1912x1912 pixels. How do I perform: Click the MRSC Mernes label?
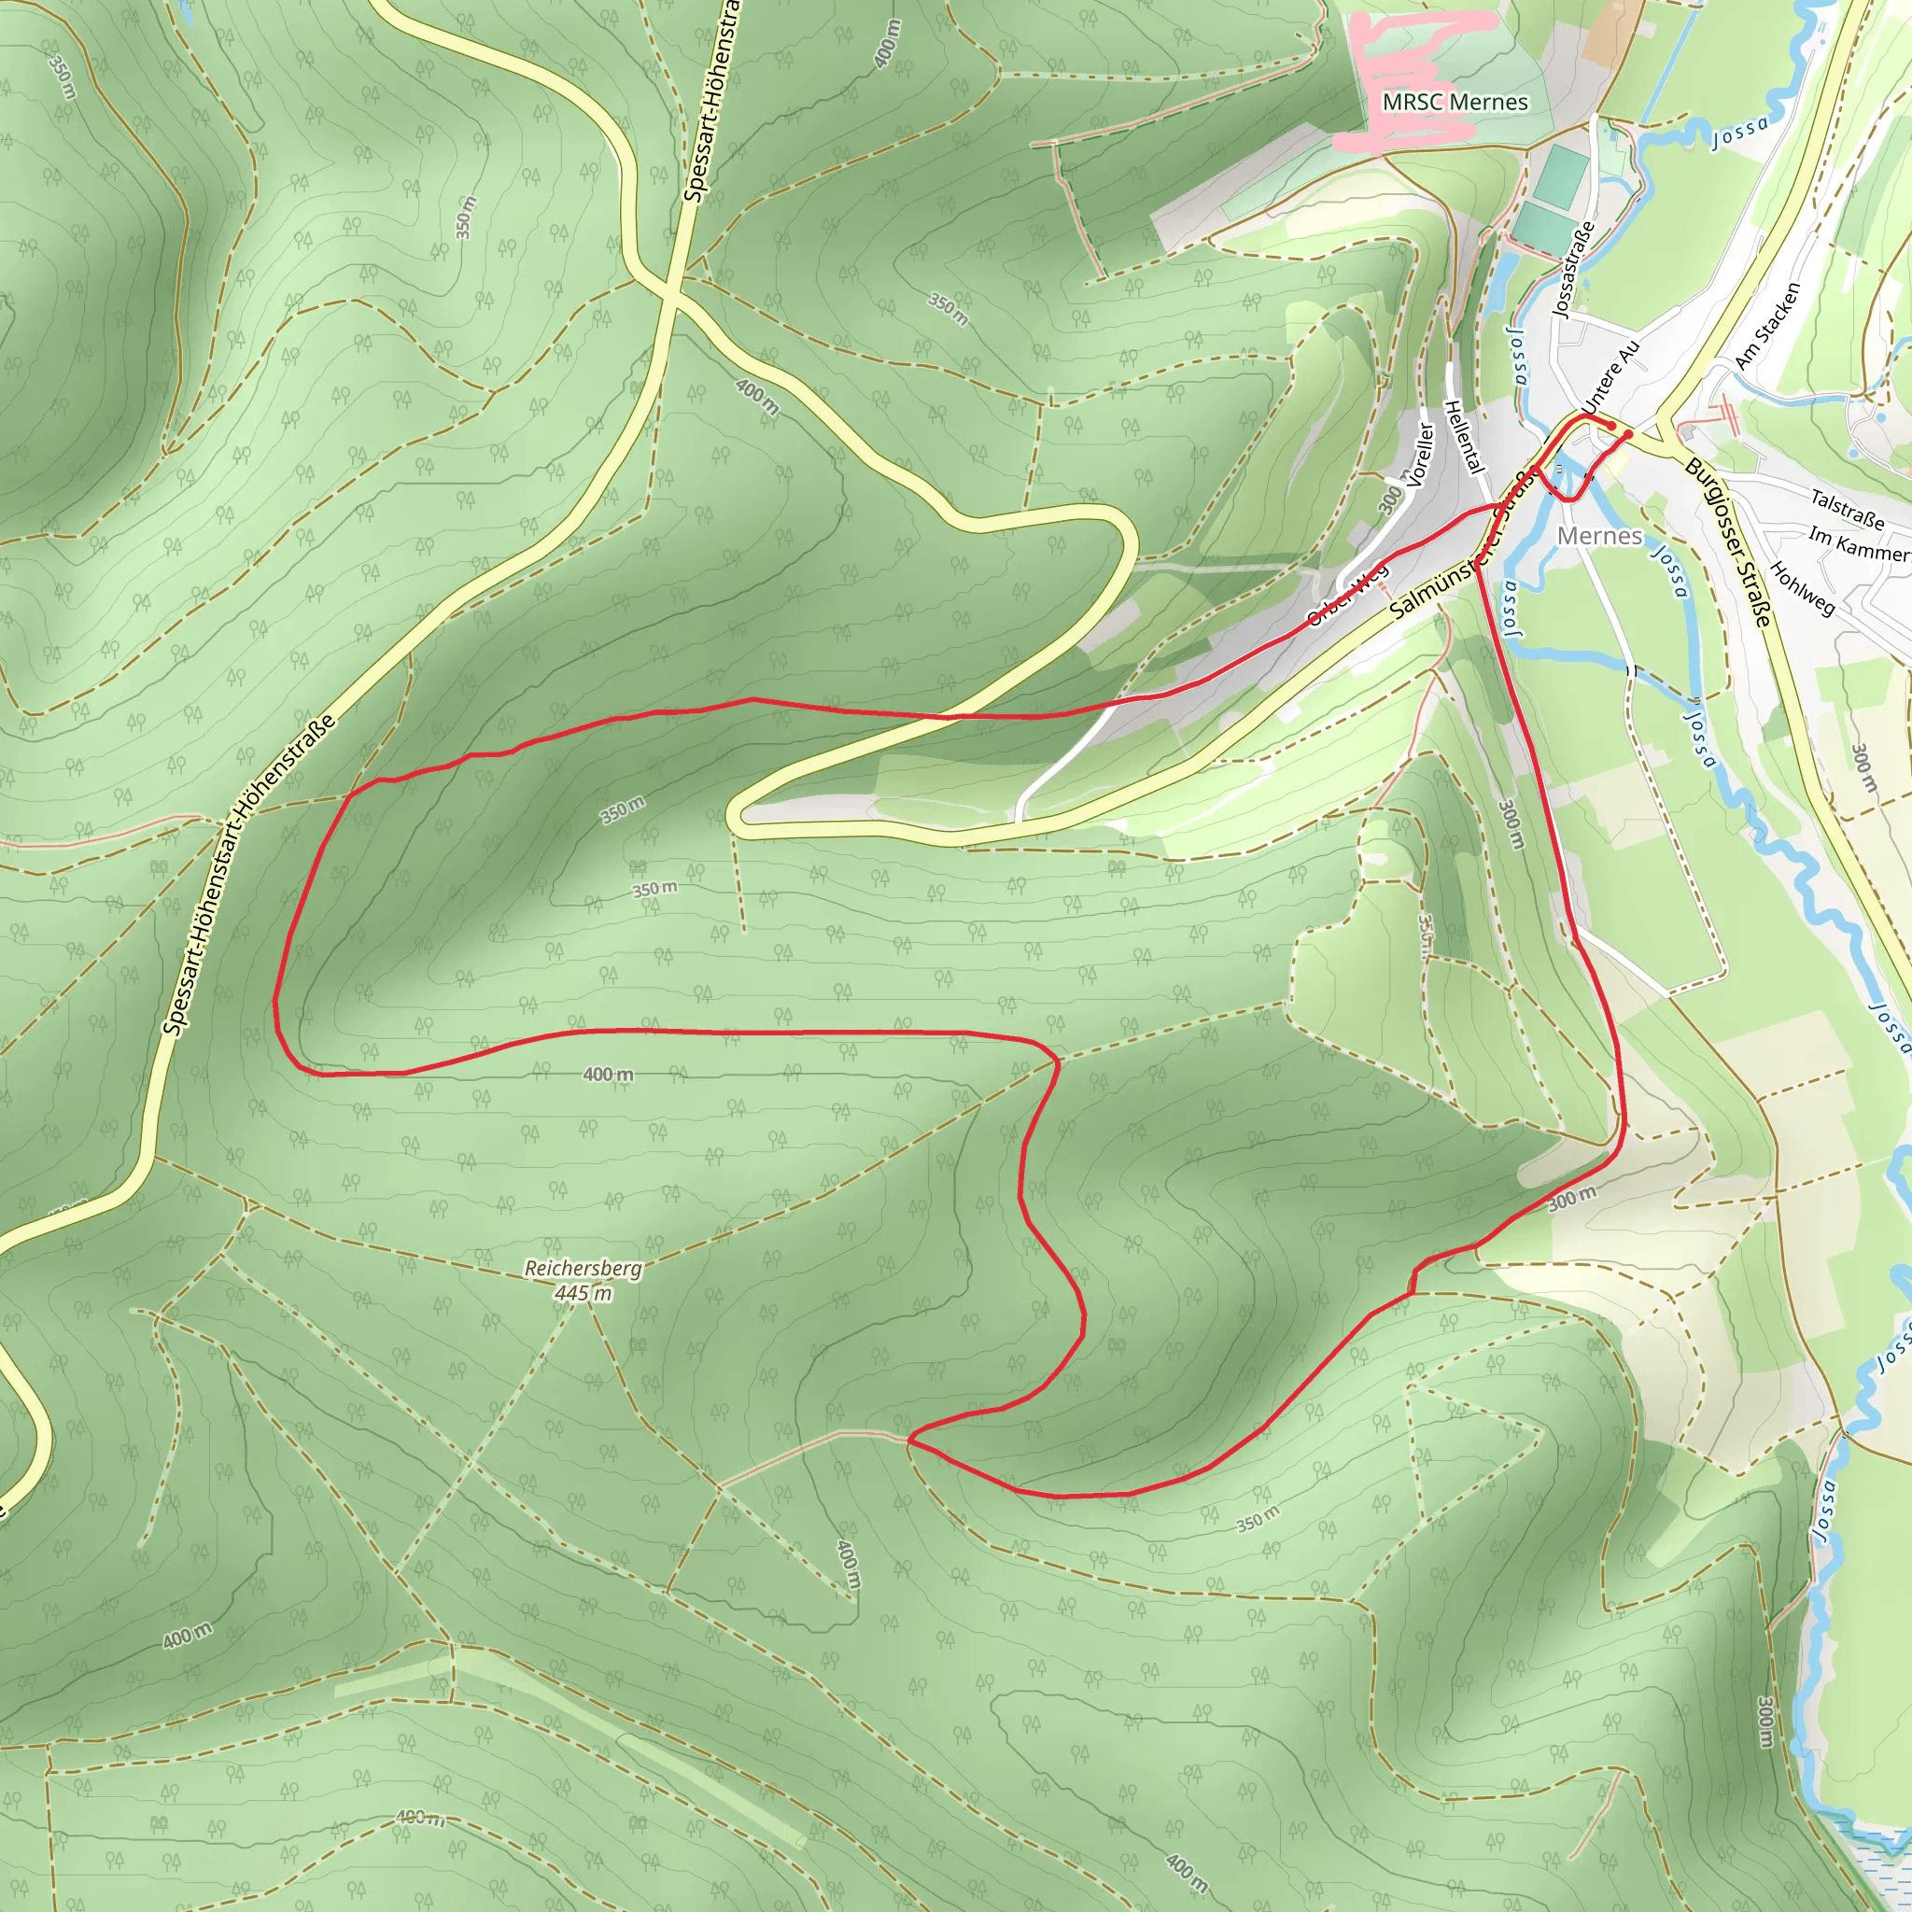[1454, 102]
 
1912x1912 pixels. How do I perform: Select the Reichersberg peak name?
[583, 1268]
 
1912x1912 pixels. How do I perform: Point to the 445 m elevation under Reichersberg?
[583, 1292]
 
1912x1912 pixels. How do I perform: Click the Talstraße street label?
[1847, 508]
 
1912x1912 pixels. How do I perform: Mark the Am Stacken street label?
[1767, 326]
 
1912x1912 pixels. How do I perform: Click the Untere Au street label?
[1611, 378]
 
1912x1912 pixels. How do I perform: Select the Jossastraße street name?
[1573, 268]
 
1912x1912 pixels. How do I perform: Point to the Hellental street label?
[1466, 435]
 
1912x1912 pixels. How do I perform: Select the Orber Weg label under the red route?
[1346, 596]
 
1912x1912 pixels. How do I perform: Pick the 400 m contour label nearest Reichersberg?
[608, 1074]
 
